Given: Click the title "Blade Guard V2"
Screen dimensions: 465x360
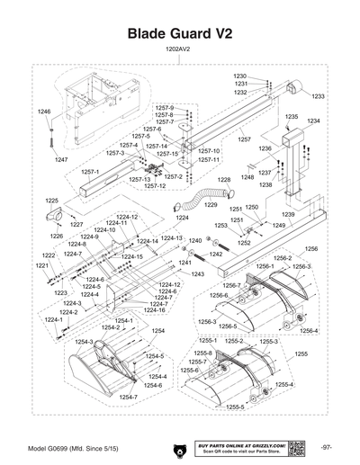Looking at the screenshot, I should [180, 32].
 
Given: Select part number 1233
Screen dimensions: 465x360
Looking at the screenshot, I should [318, 96].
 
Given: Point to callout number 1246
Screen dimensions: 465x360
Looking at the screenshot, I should [44, 111].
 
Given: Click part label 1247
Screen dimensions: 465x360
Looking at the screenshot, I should [61, 159].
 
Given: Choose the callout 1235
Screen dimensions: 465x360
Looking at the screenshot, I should [292, 117].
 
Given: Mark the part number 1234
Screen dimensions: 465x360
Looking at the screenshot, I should [313, 121].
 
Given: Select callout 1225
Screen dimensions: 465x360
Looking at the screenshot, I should [52, 201].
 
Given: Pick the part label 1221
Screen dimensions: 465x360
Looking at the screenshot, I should [41, 266].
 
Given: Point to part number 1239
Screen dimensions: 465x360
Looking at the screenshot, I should [288, 215].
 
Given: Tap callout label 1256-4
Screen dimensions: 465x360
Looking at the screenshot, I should [310, 331].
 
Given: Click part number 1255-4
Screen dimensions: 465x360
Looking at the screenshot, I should [284, 384].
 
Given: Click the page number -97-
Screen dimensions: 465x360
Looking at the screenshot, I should [326, 447].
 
